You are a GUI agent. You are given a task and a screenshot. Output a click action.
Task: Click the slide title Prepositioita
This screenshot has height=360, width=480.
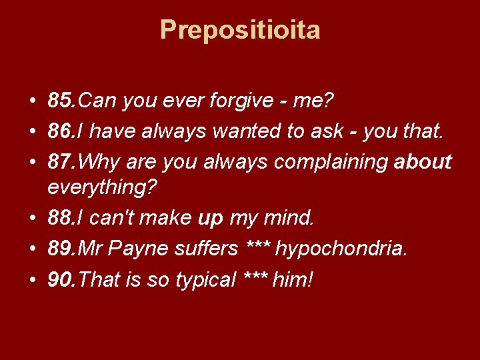point(240,30)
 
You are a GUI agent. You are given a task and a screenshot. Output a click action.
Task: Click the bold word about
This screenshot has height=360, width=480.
point(423,162)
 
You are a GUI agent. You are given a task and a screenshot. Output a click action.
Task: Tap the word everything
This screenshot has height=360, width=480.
point(103,188)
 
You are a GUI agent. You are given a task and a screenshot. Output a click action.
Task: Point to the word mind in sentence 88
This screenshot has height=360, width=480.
point(286,218)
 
